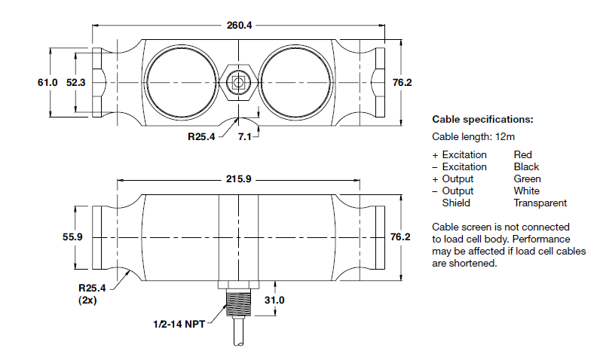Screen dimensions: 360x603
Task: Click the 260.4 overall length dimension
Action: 239,25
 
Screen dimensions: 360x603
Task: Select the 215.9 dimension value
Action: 238,180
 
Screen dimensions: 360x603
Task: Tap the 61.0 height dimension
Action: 47,83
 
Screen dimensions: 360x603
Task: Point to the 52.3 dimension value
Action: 75,83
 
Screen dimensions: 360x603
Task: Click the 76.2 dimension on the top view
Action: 402,83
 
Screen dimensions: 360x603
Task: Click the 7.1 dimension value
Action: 244,137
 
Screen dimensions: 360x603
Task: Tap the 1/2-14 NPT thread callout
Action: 179,325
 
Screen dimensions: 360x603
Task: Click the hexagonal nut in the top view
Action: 238,83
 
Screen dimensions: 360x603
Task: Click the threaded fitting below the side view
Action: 238,309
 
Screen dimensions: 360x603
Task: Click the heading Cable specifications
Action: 482,119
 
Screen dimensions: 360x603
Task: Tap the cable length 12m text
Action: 472,136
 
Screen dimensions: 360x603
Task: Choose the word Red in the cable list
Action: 522,154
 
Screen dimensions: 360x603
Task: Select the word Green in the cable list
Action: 527,178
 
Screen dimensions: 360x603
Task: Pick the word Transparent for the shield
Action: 540,203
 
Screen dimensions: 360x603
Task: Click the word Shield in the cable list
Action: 456,203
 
